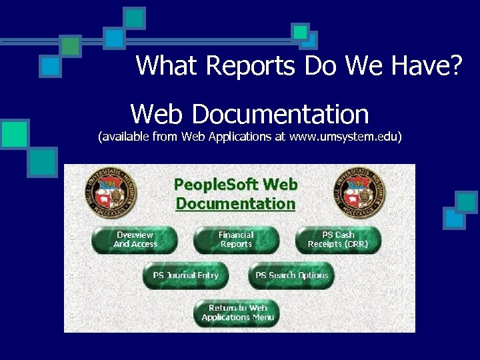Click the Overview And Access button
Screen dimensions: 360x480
coord(135,240)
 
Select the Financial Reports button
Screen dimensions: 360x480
coord(236,240)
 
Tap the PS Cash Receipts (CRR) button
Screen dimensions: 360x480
coord(338,240)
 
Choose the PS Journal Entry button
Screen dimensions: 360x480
coord(185,275)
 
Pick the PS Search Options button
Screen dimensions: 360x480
coord(291,275)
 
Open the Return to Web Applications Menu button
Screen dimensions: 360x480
coord(237,313)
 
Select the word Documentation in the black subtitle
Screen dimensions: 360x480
coord(280,114)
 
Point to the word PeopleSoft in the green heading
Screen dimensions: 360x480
coord(217,185)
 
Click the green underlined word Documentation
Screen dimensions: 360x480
coord(235,203)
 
